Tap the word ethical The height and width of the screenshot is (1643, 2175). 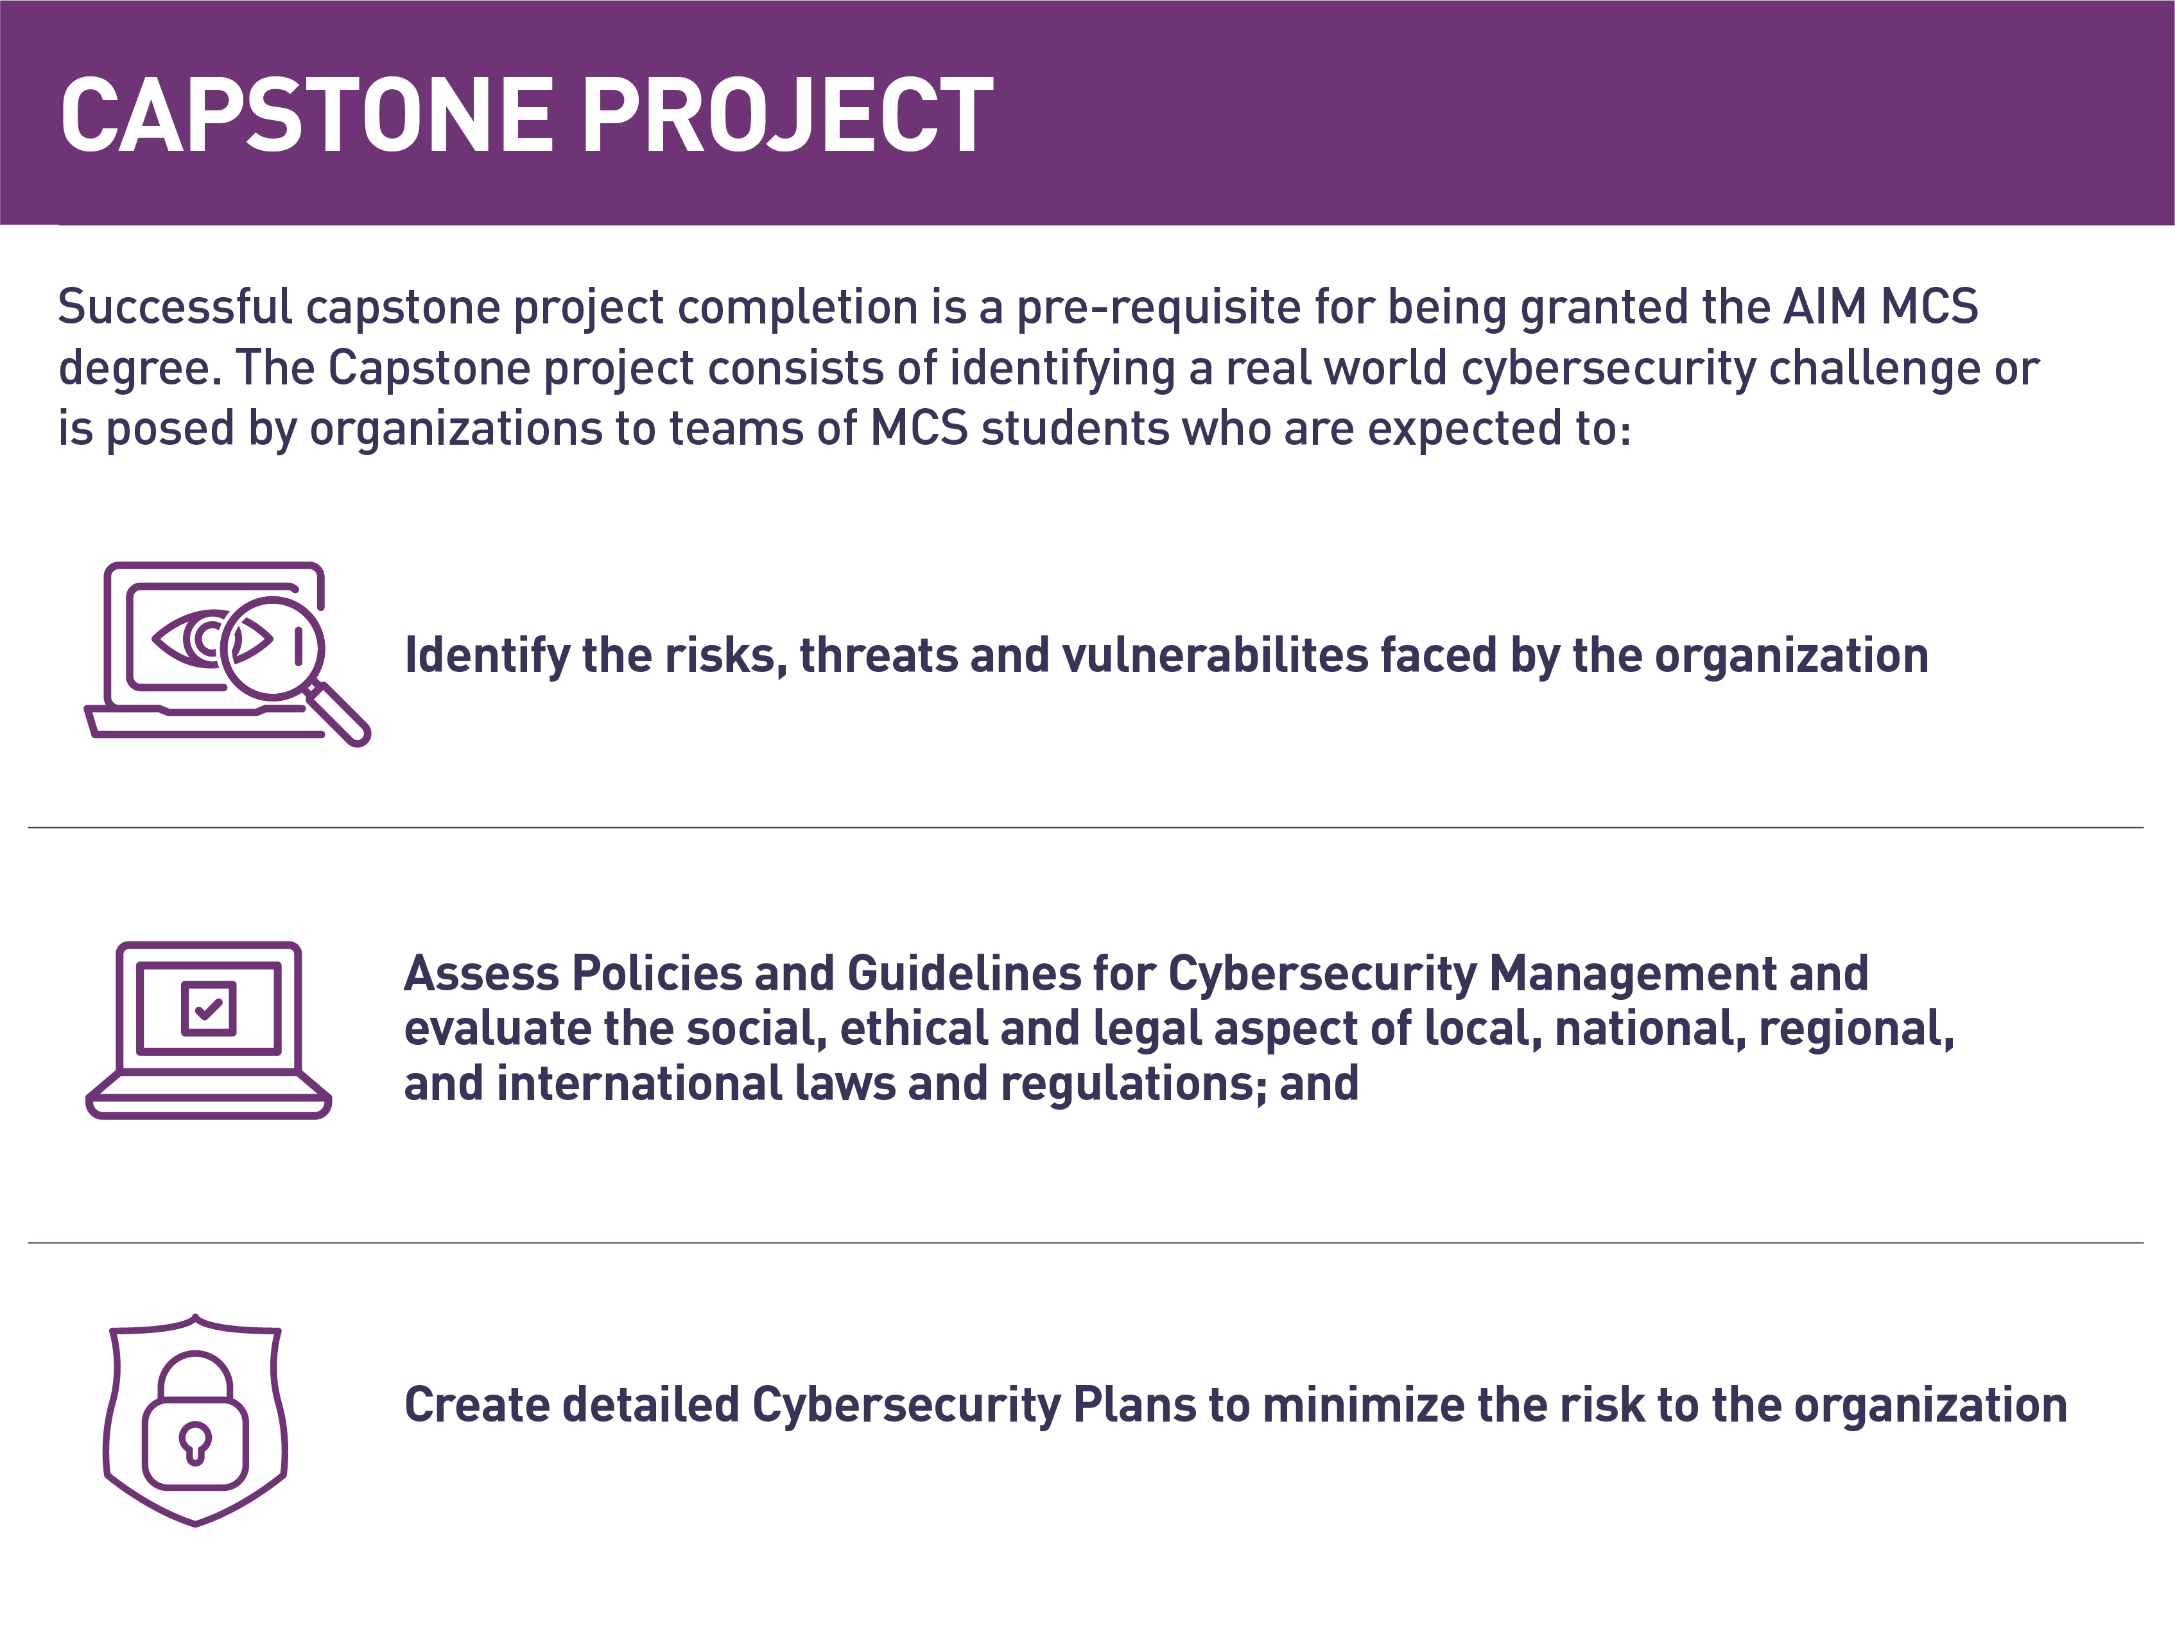(x=914, y=1028)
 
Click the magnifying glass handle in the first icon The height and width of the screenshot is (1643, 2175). (x=337, y=714)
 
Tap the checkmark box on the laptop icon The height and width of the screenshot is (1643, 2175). (x=209, y=1008)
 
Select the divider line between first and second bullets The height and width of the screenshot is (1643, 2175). (x=1086, y=828)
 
